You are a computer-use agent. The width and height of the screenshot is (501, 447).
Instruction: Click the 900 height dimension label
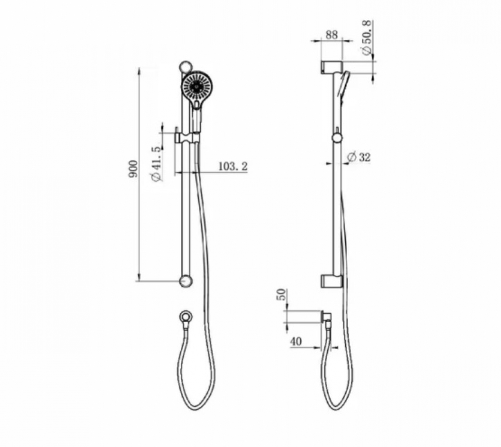pyautogui.click(x=133, y=169)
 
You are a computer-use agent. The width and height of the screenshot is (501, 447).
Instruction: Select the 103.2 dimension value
pyautogui.click(x=233, y=166)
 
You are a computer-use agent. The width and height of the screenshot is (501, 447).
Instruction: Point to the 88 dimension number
pyautogui.click(x=331, y=34)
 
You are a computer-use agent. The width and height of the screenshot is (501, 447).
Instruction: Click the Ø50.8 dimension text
pyautogui.click(x=367, y=37)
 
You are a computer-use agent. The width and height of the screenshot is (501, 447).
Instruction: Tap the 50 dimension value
pyautogui.click(x=281, y=294)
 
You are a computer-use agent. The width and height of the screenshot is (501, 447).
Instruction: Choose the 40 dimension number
pyautogui.click(x=296, y=341)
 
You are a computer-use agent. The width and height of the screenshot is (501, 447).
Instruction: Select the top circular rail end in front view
pyautogui.click(x=185, y=66)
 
